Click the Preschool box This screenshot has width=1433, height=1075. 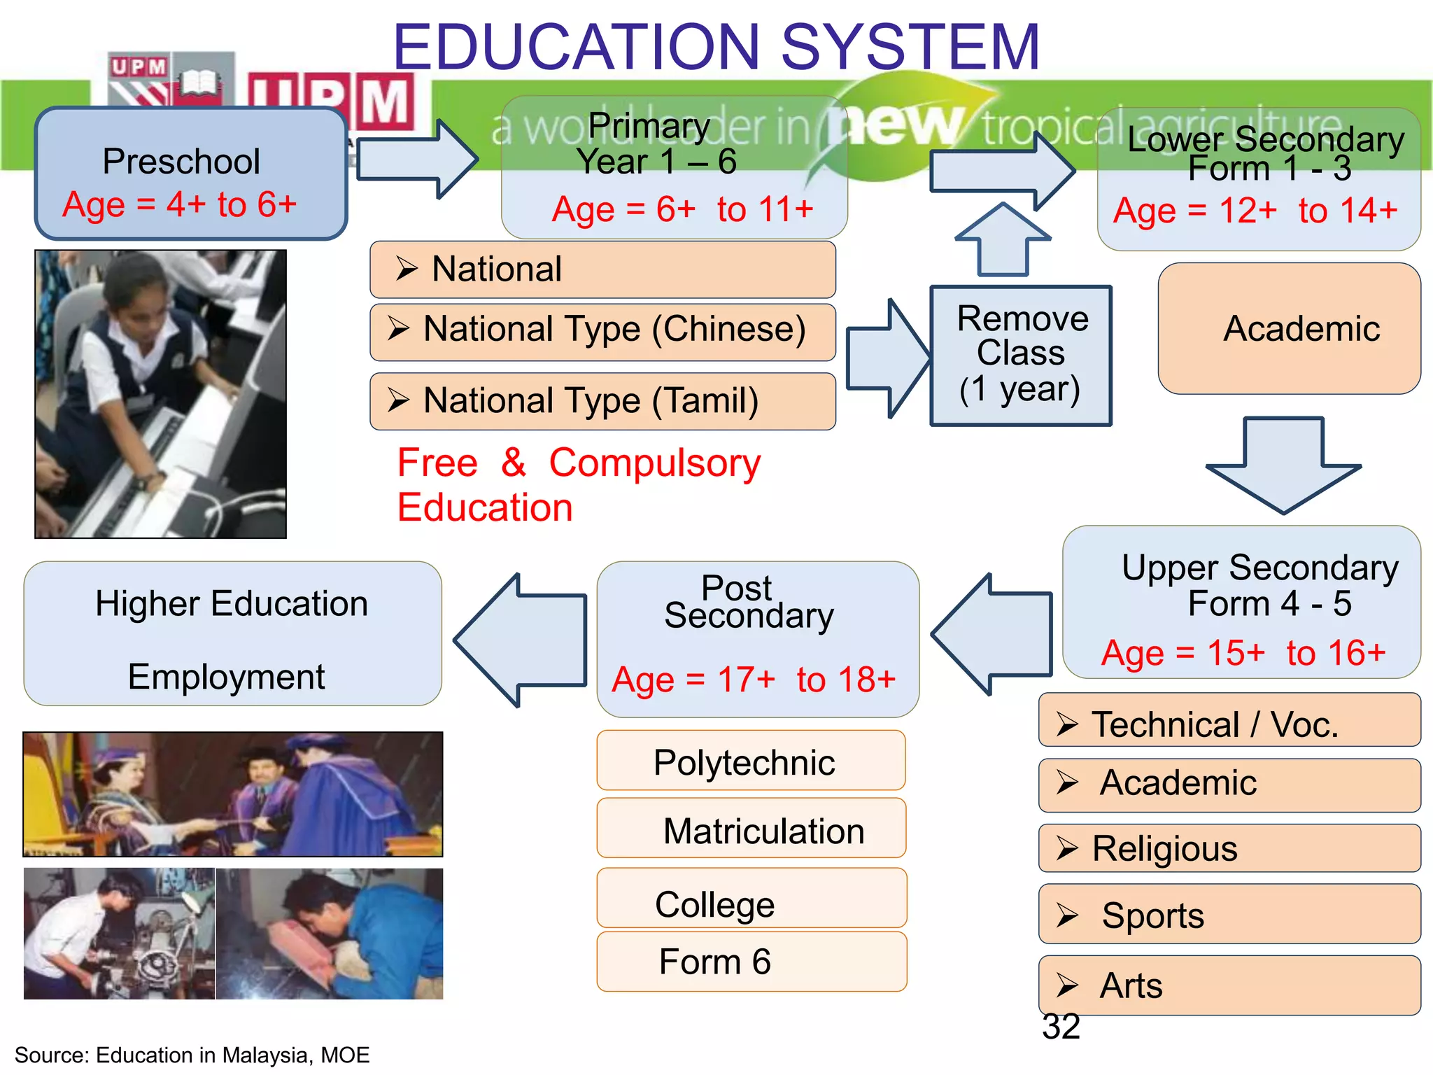[190, 174]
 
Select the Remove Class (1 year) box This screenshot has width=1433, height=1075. [1020, 355]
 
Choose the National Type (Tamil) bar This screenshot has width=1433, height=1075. [602, 401]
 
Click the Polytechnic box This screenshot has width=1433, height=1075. [750, 761]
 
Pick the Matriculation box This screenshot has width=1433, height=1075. [751, 829]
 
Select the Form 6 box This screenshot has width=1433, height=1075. [751, 962]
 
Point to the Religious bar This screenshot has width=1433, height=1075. [1229, 848]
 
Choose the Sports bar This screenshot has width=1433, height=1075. [1229, 914]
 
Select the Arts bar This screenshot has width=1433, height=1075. [1229, 985]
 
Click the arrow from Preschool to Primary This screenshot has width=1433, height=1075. [416, 159]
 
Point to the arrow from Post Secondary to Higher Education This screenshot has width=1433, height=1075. [521, 639]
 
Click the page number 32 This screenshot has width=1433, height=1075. [1061, 1027]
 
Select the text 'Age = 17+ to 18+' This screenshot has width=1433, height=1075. [754, 680]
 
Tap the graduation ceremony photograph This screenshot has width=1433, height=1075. [233, 794]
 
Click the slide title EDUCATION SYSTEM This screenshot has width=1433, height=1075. [716, 47]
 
